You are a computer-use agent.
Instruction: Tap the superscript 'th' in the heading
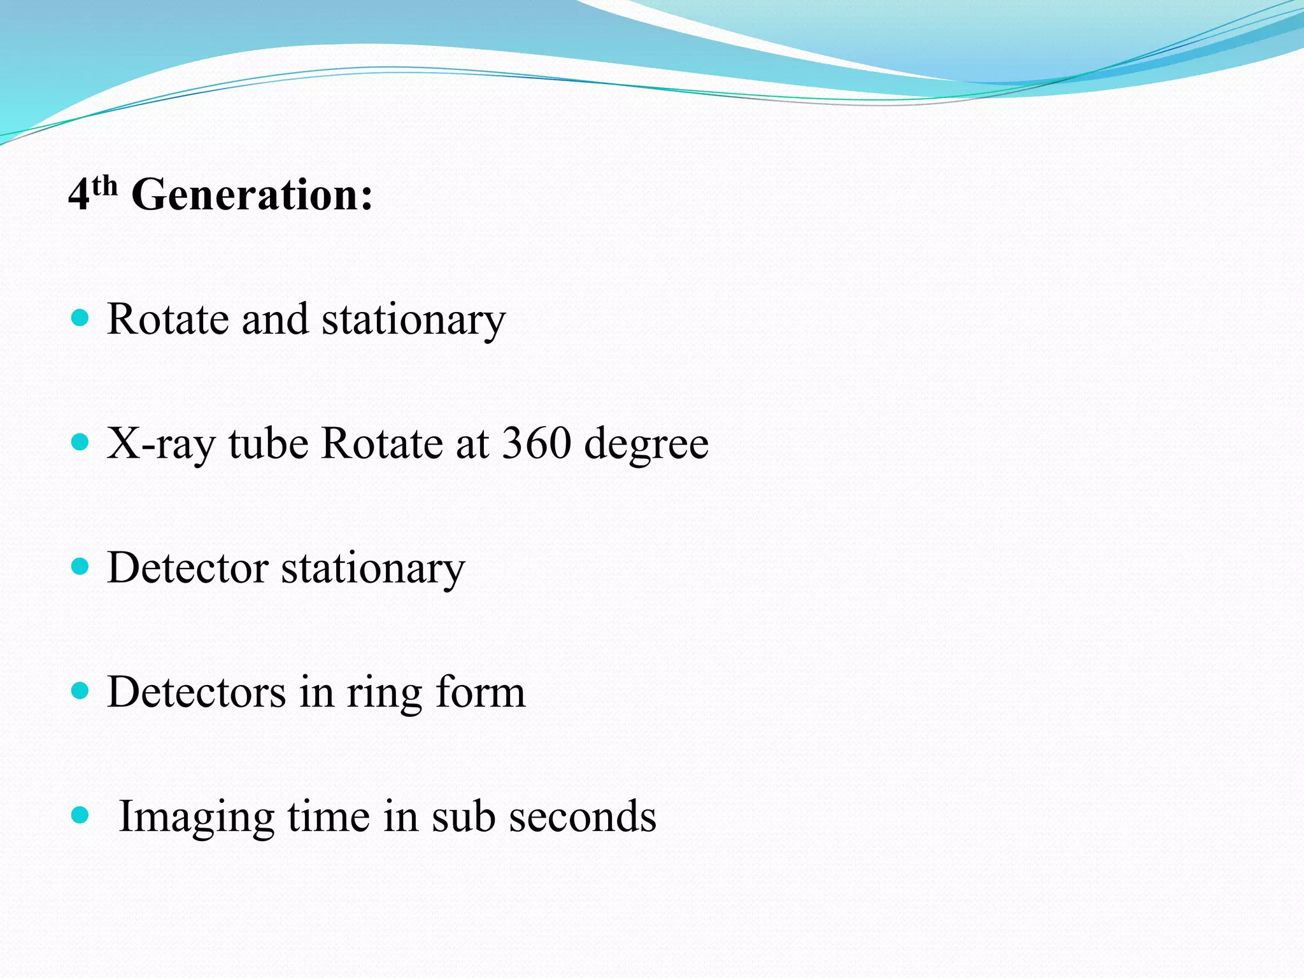(x=104, y=186)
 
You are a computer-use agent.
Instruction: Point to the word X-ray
(x=161, y=444)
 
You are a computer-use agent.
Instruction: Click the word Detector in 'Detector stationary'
(x=188, y=567)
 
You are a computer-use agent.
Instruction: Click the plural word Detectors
(x=196, y=691)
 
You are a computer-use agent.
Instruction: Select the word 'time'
(x=329, y=816)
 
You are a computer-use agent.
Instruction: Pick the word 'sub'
(x=464, y=816)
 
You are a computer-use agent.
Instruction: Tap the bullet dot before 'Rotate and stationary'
(x=80, y=318)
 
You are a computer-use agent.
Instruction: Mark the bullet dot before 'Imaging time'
(x=80, y=815)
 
